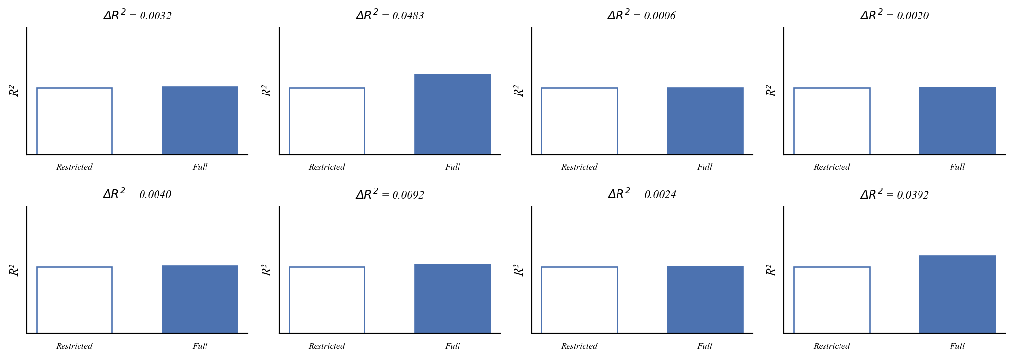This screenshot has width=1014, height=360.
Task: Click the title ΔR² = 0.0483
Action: pyautogui.click(x=390, y=15)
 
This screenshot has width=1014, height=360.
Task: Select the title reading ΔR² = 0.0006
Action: pyautogui.click(x=642, y=15)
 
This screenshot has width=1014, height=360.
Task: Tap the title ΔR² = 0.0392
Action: pyautogui.click(x=894, y=194)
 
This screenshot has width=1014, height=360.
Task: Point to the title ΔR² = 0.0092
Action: pyautogui.click(x=390, y=194)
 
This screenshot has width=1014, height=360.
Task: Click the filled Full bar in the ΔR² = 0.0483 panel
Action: pyautogui.click(x=452, y=114)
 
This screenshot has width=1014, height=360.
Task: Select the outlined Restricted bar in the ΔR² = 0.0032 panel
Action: pyautogui.click(x=75, y=121)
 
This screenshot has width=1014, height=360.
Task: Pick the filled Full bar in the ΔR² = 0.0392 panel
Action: pyautogui.click(x=957, y=295)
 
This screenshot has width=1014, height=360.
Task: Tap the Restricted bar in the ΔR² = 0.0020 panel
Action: pyautogui.click(x=832, y=121)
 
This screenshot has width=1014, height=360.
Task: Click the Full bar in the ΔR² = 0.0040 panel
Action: pyautogui.click(x=200, y=299)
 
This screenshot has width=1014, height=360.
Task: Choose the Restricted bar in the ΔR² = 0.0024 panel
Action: pyautogui.click(x=579, y=300)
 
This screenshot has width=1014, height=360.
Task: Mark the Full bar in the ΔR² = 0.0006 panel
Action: pyautogui.click(x=705, y=121)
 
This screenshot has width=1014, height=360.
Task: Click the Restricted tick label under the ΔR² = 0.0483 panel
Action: pyautogui.click(x=327, y=167)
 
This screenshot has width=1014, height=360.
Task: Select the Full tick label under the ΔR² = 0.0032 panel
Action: pyautogui.click(x=200, y=167)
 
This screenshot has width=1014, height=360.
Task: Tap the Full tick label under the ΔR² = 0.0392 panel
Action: pyautogui.click(x=957, y=346)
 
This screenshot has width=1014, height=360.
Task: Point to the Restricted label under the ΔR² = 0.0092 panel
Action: pyautogui.click(x=327, y=346)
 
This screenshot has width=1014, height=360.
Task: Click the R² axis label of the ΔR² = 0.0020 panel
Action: pyautogui.click(x=771, y=91)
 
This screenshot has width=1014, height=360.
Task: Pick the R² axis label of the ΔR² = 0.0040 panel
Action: pyautogui.click(x=14, y=270)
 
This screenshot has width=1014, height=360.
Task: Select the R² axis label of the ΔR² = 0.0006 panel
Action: pyautogui.click(x=519, y=91)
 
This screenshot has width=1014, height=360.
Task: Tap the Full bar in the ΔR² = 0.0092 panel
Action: pyautogui.click(x=452, y=298)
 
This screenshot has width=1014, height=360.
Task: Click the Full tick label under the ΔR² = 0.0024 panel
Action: pyautogui.click(x=705, y=346)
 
